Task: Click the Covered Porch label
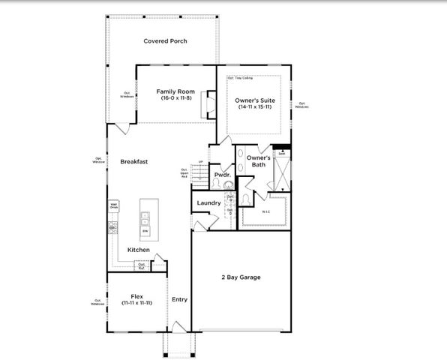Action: [x=165, y=41]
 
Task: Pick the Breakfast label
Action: [x=133, y=161]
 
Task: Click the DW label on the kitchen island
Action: [x=145, y=231]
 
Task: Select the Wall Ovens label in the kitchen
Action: [x=114, y=205]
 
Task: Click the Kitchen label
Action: [x=138, y=250]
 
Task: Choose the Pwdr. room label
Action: [x=222, y=175]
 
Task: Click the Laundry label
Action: [x=208, y=202]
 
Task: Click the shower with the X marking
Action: [x=282, y=173]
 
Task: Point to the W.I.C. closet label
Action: [x=265, y=211]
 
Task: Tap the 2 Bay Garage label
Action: [x=240, y=277]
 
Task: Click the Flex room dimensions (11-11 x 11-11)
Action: [x=136, y=302]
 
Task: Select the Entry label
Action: [x=179, y=299]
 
